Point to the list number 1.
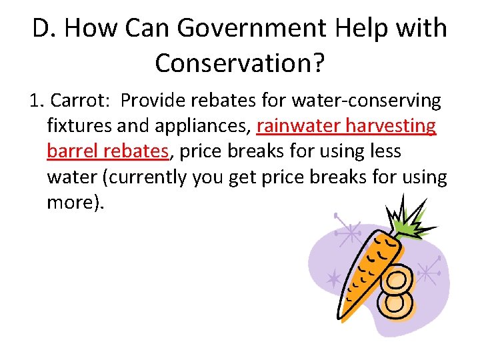[x=37, y=101]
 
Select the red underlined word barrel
[x=70, y=151]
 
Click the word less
[x=382, y=151]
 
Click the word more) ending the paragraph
[x=75, y=202]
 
